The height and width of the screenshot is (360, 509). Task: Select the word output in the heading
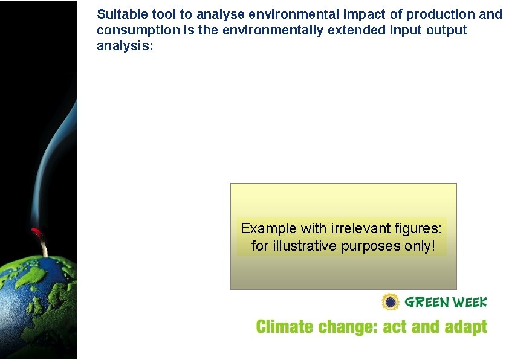tap(447, 30)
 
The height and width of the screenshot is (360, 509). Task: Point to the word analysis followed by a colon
tap(125, 46)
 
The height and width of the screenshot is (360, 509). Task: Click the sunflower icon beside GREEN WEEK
tap(391, 301)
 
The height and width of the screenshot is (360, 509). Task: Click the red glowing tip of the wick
tap(36, 232)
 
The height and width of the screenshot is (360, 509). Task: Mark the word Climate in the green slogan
tap(284, 327)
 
